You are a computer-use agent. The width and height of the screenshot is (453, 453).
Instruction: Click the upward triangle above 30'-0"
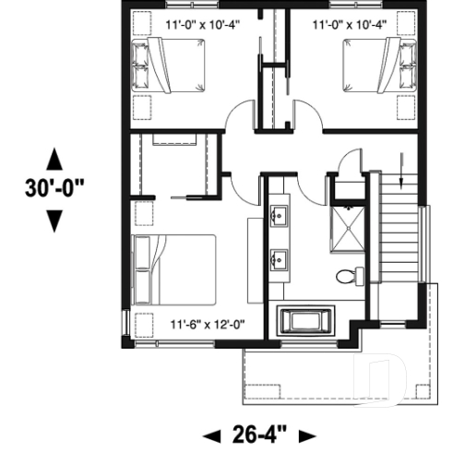54,157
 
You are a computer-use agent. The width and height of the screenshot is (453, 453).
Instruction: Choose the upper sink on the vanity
279,219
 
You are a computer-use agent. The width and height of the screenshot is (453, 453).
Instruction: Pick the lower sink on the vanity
279,257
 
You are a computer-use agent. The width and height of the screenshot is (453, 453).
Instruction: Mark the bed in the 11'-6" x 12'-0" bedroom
174,268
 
